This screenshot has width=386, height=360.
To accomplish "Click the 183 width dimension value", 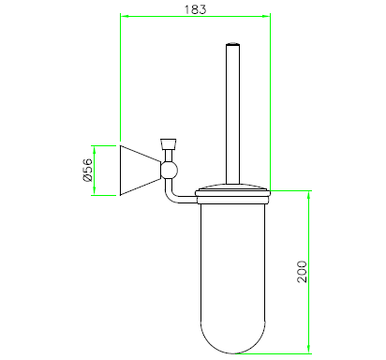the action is coord(195,9).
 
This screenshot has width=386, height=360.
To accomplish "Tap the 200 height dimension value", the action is coord(302,272).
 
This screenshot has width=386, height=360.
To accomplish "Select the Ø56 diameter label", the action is coord(88,170).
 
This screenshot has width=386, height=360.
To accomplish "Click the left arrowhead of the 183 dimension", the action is coord(125,16).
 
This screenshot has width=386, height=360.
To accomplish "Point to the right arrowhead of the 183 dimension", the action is coord(266,16).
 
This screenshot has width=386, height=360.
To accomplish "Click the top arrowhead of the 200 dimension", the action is coord(308,195).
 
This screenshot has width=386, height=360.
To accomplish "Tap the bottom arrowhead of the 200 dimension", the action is coord(308,350).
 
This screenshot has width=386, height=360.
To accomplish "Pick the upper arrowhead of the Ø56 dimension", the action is coord(95,150).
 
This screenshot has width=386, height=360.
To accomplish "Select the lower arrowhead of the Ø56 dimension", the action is coord(95,191).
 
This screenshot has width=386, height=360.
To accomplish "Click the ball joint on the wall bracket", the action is coord(169,170).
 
